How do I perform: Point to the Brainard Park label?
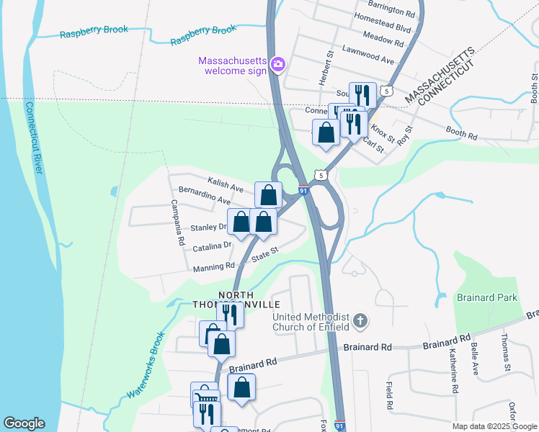pyautogui.click(x=487, y=297)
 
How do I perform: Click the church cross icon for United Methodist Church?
pyautogui.click(x=360, y=320)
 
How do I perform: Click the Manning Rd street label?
pyautogui.click(x=213, y=266)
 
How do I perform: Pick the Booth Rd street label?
pyautogui.click(x=461, y=135)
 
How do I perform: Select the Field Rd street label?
pyautogui.click(x=389, y=395)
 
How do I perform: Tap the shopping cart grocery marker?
pyautogui.click(x=205, y=397)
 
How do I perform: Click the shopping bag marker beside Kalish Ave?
pyautogui.click(x=268, y=194)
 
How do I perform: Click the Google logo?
pyautogui.click(x=24, y=423)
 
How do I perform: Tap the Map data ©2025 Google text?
pyautogui.click(x=494, y=426)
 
